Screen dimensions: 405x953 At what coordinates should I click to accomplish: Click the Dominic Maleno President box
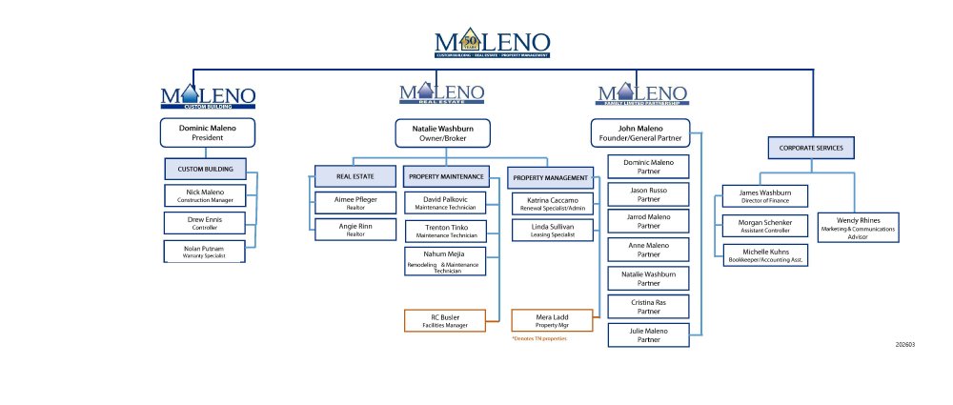tap(208, 132)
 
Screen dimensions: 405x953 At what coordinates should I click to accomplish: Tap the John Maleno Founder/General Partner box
tap(639, 132)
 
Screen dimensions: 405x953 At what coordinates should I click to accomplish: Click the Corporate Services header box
tap(812, 148)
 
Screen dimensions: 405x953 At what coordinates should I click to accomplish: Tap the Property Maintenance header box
tap(446, 176)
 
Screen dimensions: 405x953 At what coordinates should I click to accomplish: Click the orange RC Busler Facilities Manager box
tap(446, 320)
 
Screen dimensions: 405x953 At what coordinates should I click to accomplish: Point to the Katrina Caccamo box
tap(552, 202)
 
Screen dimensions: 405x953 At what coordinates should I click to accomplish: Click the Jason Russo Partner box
tap(648, 195)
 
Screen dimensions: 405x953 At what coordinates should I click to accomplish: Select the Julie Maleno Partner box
tap(648, 334)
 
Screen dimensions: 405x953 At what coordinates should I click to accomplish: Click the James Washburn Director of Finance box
tap(764, 195)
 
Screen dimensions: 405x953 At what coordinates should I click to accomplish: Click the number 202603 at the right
tap(905, 345)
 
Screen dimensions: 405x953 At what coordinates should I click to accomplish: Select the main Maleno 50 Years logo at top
tap(492, 45)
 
